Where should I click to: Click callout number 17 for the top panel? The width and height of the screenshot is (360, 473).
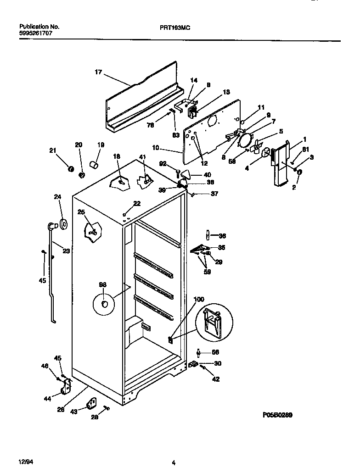[x=98, y=72]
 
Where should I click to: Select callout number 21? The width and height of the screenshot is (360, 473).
[x=52, y=150]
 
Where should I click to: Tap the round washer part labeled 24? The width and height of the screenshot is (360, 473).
[x=63, y=225]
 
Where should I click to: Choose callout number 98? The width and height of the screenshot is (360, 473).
[x=102, y=284]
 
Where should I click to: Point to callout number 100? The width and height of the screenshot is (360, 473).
[x=198, y=299]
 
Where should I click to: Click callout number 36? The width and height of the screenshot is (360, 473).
[x=222, y=236]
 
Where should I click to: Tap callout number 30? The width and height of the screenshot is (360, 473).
[x=218, y=364]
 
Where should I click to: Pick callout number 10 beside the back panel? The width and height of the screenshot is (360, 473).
[x=156, y=148]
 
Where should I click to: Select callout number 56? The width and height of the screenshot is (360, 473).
[x=215, y=352]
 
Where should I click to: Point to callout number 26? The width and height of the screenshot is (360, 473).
[x=61, y=410]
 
